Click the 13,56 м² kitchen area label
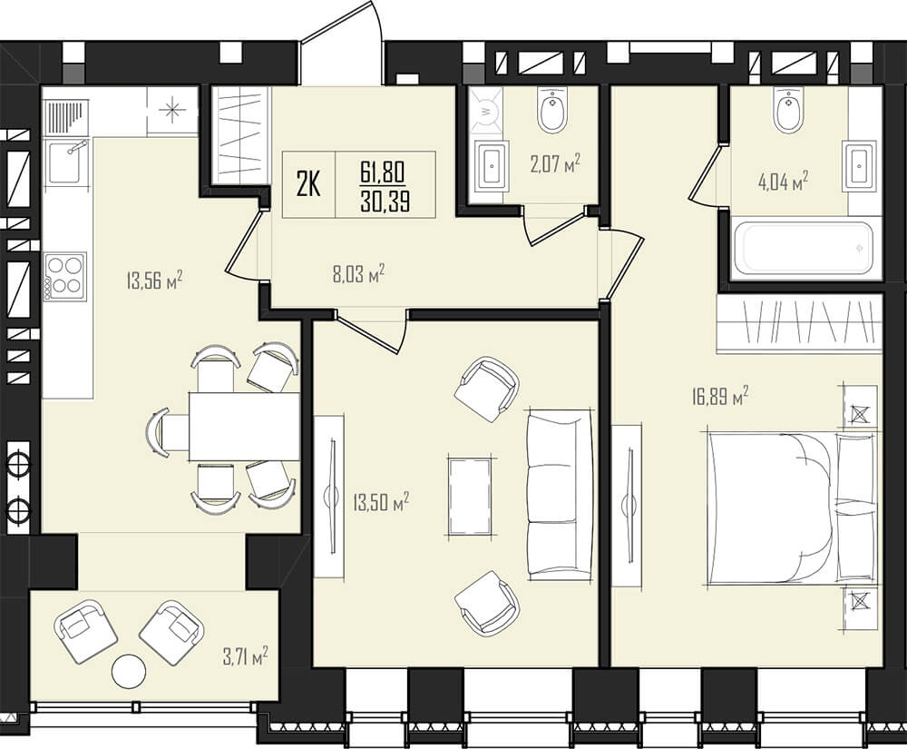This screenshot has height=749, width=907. point(153,281)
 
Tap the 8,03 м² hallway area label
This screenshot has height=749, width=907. point(358,273)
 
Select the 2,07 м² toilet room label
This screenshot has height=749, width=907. point(555,163)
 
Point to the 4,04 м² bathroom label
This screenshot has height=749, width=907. point(783,182)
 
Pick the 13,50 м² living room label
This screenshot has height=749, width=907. point(381,501)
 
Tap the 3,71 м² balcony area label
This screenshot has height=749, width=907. point(245,656)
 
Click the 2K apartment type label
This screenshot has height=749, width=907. point(308,185)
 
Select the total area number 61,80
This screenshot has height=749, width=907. point(385,172)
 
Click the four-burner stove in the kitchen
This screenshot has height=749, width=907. point(65,277)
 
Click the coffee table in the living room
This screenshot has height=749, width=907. point(470,498)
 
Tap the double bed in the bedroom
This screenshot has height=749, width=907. point(791,507)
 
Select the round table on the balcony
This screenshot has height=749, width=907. point(129,671)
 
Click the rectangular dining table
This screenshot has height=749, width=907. point(244,427)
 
